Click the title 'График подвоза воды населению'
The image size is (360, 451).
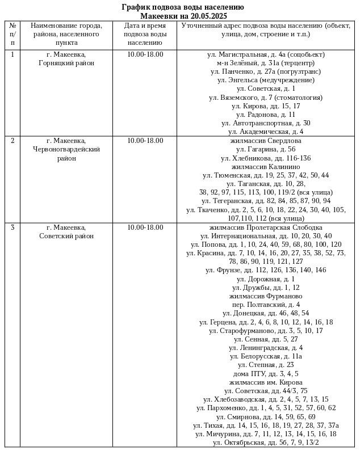pyautogui.click(x=183, y=7)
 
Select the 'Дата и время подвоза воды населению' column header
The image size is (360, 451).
pyautogui.click(x=145, y=34)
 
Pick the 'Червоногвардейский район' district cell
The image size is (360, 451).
pyautogui.click(x=66, y=149)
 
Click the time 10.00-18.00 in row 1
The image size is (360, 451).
pyautogui.click(x=145, y=54)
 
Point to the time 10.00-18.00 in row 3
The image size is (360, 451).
pyautogui.click(x=145, y=227)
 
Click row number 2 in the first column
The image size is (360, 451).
pyautogui.click(x=12, y=141)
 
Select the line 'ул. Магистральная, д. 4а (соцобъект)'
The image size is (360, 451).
pyautogui.click(x=266, y=54)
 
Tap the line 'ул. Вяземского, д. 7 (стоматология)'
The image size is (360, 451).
pyautogui.click(x=266, y=98)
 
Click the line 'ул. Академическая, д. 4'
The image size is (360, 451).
pyautogui.click(x=266, y=132)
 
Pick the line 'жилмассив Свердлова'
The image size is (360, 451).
pyautogui.click(x=266, y=141)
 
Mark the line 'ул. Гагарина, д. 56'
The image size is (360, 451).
pyautogui.click(x=266, y=149)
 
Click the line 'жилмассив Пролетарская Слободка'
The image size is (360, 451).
pyautogui.click(x=266, y=227)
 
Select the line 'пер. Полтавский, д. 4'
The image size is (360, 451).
pyautogui.click(x=266, y=305)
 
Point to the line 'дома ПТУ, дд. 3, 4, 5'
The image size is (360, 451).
pyautogui.click(x=266, y=374)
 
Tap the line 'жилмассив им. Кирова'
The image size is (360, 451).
pyautogui.click(x=266, y=382)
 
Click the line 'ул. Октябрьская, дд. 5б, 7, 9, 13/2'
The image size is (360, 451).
pyautogui.click(x=266, y=442)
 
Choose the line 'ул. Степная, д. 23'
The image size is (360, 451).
pyautogui.click(x=266, y=365)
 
